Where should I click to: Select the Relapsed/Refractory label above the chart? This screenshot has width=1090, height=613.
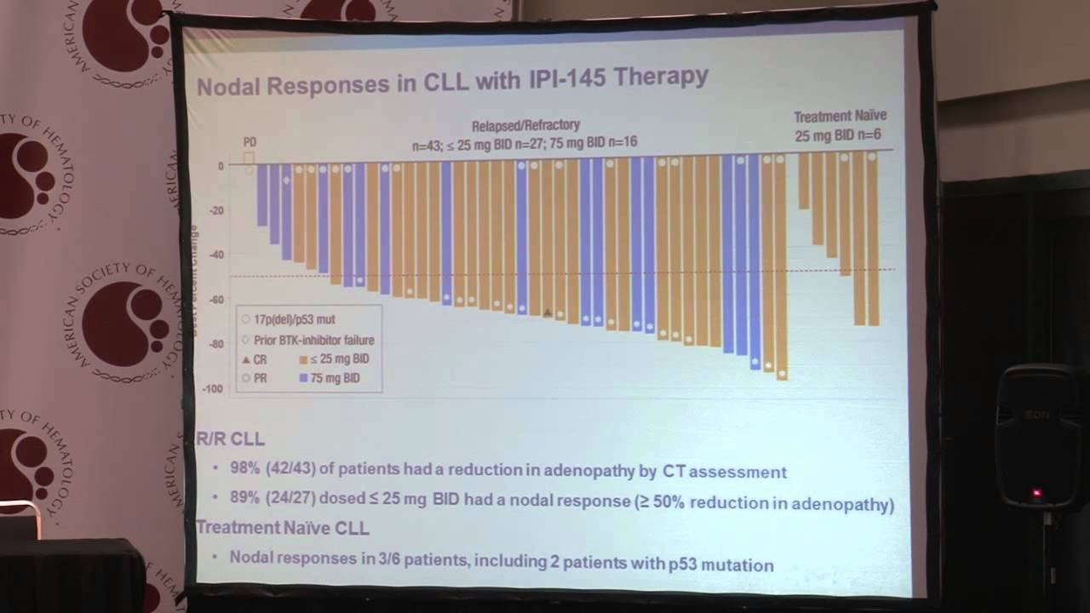tap(526, 126)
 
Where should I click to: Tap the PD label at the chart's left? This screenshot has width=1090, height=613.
tap(249, 142)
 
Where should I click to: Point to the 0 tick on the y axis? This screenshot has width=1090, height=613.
tap(221, 166)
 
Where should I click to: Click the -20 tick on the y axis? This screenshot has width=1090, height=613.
tap(217, 211)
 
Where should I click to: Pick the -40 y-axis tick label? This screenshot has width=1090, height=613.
tap(217, 255)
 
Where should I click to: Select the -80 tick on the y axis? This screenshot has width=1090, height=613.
tap(216, 344)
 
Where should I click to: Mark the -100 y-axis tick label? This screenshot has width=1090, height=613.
tap(214, 389)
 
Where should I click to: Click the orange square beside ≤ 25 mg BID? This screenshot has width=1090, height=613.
tap(304, 360)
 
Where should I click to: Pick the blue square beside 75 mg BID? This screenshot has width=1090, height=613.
tap(304, 378)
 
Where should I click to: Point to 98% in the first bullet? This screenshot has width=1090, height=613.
tap(245, 471)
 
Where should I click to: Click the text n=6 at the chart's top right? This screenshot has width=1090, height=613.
tap(865, 135)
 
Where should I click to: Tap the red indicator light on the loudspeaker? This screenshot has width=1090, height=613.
tap(1036, 493)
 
